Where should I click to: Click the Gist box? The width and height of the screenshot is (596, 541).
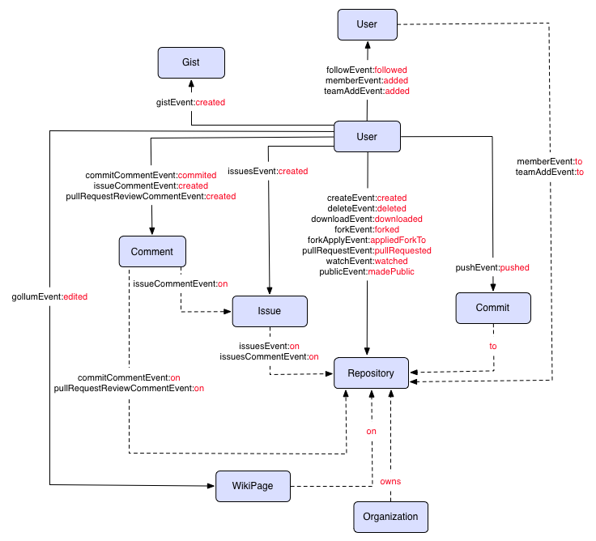click(x=190, y=62)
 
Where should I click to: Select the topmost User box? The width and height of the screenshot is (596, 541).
click(x=367, y=24)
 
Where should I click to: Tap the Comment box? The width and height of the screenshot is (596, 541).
click(x=152, y=251)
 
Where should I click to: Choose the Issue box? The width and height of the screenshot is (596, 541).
click(x=270, y=311)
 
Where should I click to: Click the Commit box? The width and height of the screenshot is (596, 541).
click(x=493, y=308)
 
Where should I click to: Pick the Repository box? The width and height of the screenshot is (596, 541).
click(x=371, y=373)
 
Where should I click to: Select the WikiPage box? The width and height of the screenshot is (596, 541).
click(x=253, y=486)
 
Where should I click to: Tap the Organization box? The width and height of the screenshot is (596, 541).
click(x=390, y=517)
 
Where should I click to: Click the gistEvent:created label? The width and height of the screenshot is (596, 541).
click(x=190, y=103)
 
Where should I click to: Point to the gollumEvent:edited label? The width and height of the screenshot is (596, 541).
click(x=49, y=296)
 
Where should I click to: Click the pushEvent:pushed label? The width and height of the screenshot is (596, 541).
click(x=492, y=267)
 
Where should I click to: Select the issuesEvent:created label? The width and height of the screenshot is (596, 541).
click(x=267, y=171)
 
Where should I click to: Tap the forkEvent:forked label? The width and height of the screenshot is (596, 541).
click(x=367, y=229)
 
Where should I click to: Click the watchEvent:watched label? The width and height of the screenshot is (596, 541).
click(x=367, y=261)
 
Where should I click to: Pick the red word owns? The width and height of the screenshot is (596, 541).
click(x=390, y=481)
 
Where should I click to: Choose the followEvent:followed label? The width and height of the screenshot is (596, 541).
click(x=367, y=70)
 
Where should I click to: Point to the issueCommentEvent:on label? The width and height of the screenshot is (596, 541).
click(x=180, y=283)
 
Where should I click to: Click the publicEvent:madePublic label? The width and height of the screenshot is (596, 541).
click(x=367, y=271)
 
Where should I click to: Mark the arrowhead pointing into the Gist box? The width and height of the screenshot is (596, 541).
click(x=190, y=82)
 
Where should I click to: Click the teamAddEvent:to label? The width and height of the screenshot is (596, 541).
click(x=549, y=173)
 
